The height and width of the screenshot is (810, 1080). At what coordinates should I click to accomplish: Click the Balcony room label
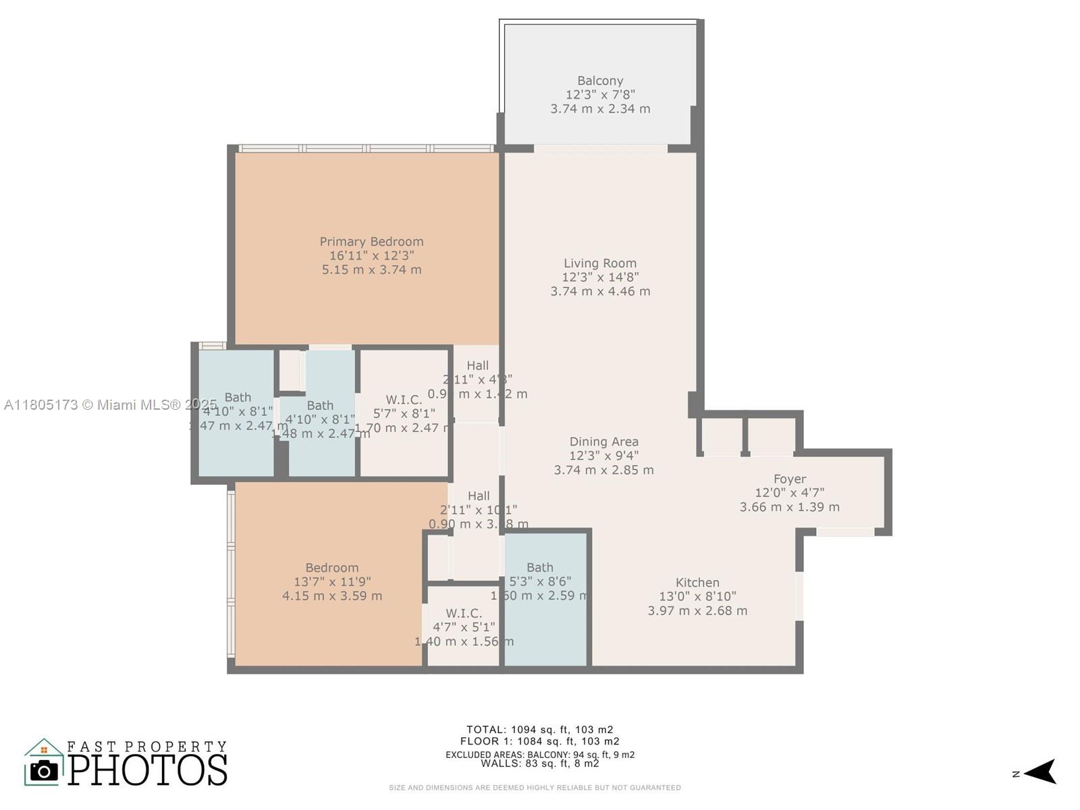point(600,81)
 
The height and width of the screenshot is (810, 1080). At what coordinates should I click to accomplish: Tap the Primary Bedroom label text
point(371,242)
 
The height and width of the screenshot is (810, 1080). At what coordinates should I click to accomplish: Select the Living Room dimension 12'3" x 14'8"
point(600,277)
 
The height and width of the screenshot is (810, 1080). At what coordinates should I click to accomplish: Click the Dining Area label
point(603,442)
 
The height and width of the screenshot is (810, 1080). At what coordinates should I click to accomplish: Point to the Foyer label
point(790,479)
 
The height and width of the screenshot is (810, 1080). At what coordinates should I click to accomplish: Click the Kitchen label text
point(697,583)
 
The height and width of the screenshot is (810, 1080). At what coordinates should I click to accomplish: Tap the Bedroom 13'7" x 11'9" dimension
point(332,582)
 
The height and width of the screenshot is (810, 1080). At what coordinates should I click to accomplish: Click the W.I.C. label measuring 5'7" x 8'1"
point(404,400)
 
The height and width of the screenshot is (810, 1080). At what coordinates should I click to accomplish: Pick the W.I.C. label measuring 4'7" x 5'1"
point(464,614)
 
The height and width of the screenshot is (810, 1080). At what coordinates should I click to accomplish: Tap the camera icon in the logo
point(45,770)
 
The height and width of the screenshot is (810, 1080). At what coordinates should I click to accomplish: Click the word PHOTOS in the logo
point(147,770)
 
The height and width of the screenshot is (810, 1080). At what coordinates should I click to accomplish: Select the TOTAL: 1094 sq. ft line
point(539,730)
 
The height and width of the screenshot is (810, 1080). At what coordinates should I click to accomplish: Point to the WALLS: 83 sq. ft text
point(539,763)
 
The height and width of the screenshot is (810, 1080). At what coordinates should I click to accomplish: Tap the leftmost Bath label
point(238,398)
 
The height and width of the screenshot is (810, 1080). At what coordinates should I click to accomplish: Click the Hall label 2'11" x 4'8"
point(477,366)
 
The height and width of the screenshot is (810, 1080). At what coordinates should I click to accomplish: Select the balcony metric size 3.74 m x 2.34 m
point(600,109)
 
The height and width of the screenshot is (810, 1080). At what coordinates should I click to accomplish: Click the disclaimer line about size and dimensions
point(535,788)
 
